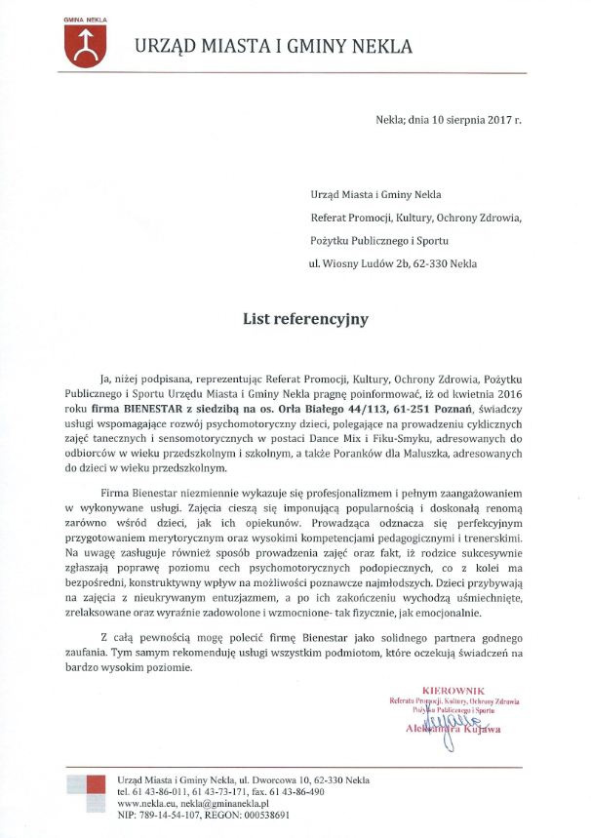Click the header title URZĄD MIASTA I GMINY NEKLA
(273, 46)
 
